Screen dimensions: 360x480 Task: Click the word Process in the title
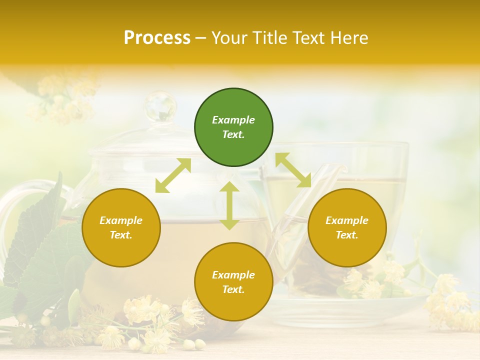point(157,38)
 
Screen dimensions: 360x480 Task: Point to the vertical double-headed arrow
point(229,205)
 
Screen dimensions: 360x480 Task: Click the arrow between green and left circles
point(173,175)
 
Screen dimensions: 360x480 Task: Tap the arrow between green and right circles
point(293,170)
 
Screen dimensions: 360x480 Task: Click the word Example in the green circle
point(233,120)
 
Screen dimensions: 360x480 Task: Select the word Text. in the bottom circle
point(233,289)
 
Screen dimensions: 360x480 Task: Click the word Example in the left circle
point(121,220)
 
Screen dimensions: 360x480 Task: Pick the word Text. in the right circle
point(347,235)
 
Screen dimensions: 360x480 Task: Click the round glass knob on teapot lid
point(160,106)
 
